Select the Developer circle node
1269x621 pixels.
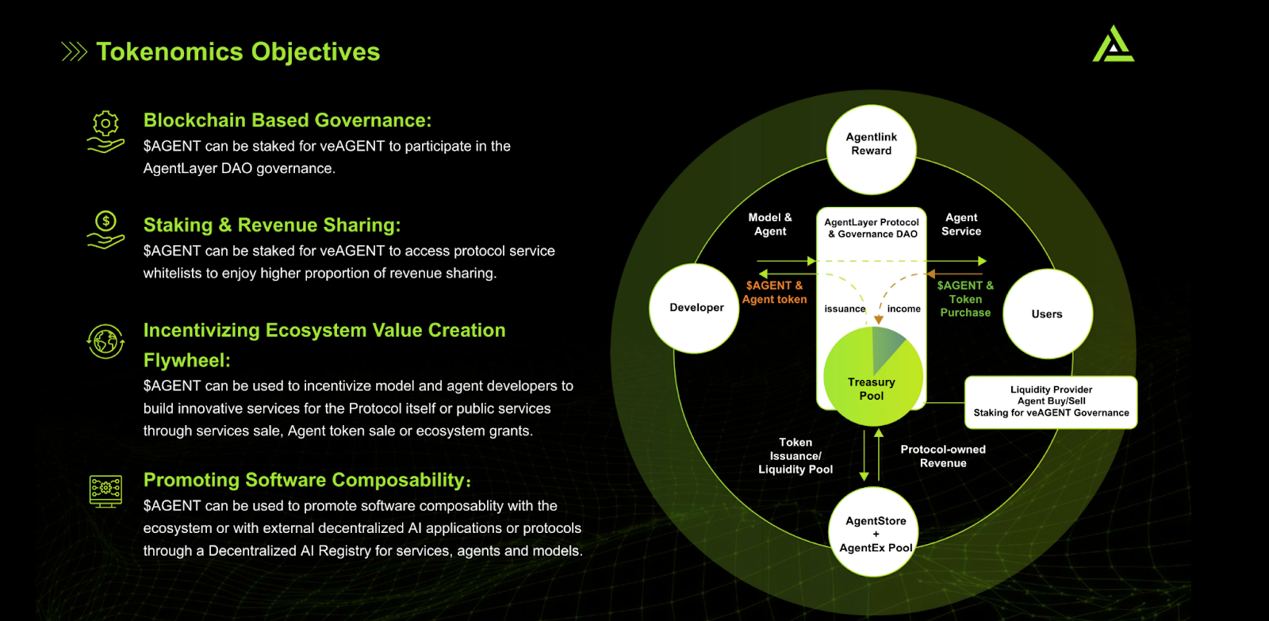coord(695,308)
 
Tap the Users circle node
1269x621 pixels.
coord(1048,314)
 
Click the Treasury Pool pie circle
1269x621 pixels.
coord(872,378)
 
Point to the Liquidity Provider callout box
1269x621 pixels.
coord(1051,401)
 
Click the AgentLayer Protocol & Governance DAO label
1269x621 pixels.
coord(872,228)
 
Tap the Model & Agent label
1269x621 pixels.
coord(770,224)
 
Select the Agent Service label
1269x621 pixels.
coord(961,224)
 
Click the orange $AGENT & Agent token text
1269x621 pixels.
coord(774,293)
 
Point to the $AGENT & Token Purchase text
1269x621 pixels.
coord(965,299)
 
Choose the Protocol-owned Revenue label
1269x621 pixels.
coord(943,456)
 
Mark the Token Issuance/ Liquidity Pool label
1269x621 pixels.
coord(796,456)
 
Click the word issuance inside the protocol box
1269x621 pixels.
coord(845,309)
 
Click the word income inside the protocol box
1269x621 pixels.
coord(903,309)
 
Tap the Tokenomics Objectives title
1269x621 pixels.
coord(238,52)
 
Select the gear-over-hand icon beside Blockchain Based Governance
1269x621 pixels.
coord(105,131)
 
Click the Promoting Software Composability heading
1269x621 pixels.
coord(307,480)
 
